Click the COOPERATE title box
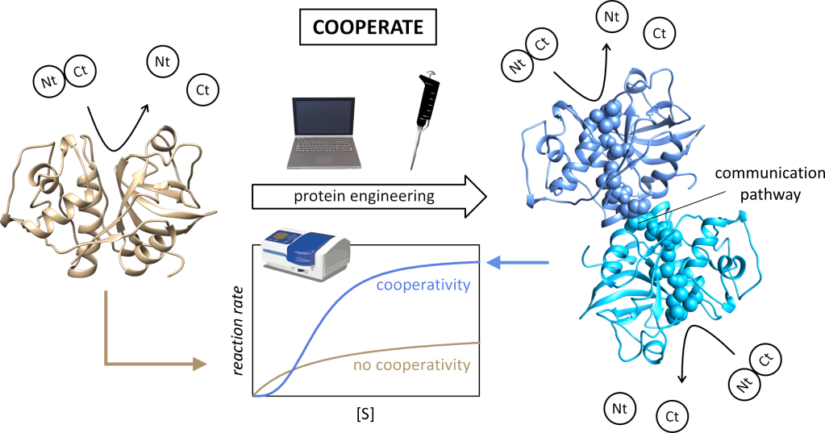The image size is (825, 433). [368, 27]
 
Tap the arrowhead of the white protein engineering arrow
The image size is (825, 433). [475, 197]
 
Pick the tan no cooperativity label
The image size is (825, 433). [411, 365]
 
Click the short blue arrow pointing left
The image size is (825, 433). [516, 261]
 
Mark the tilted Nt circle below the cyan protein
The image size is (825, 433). [743, 384]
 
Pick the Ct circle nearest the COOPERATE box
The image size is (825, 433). [202, 90]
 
